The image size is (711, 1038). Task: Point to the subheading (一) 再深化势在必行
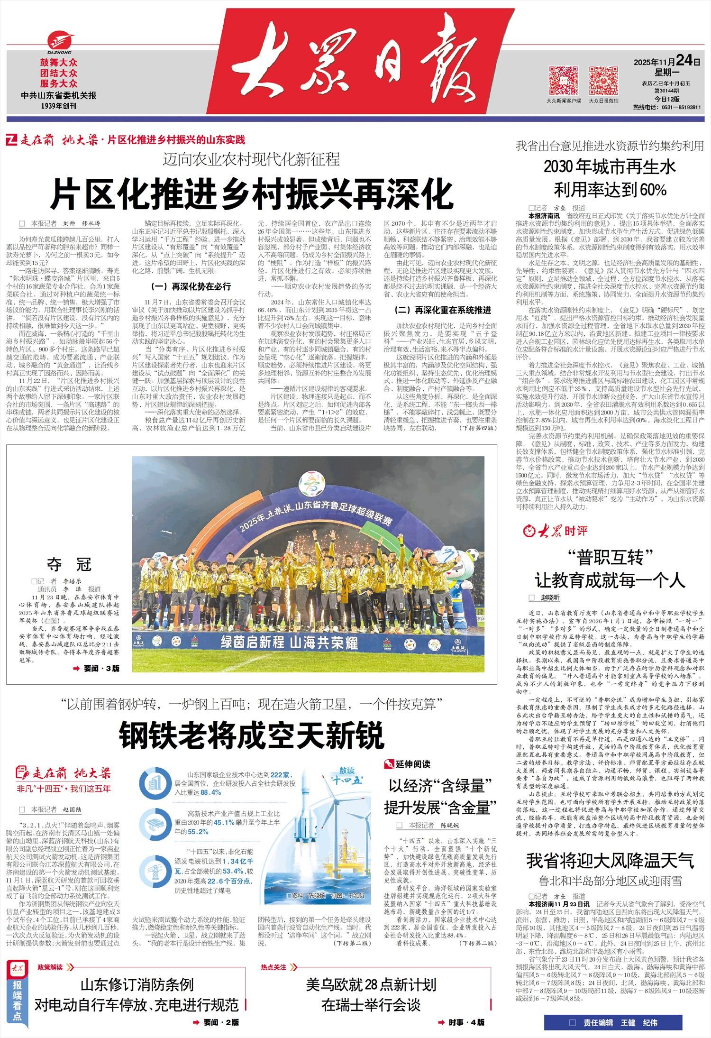tap(191, 286)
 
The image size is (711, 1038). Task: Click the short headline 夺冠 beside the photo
tap(69, 564)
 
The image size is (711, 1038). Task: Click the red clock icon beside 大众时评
tap(529, 531)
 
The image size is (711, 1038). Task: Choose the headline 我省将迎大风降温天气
tap(610, 860)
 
